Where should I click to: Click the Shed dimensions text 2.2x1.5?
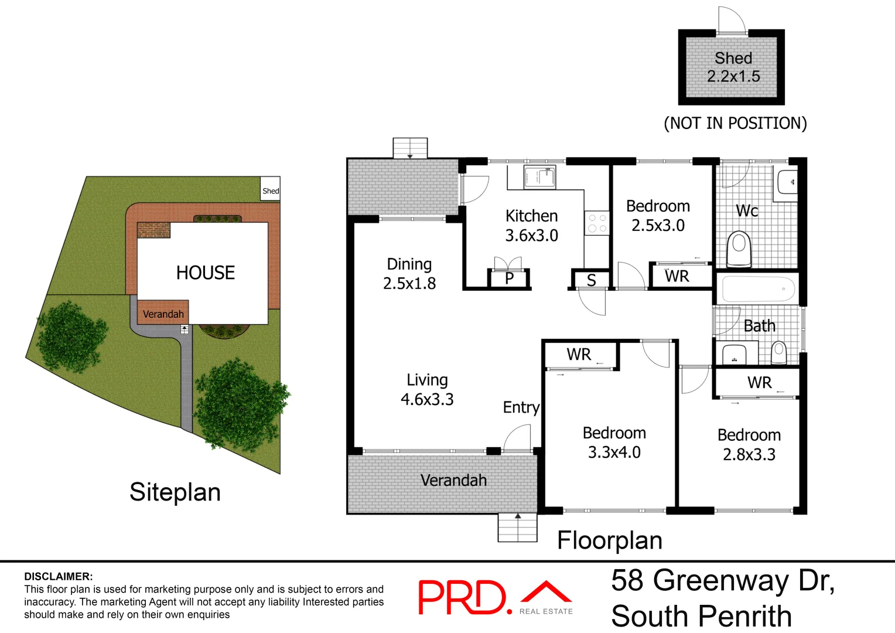(x=733, y=76)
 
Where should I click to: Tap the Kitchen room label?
(x=531, y=216)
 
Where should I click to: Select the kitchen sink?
(x=539, y=177)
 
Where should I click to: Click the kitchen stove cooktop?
(x=597, y=223)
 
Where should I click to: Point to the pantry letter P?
(x=509, y=278)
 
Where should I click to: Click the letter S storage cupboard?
(x=591, y=281)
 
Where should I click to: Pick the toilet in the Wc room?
(x=739, y=249)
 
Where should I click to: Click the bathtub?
(x=758, y=289)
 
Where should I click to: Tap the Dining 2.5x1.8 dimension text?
(x=409, y=284)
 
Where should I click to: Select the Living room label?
(x=427, y=380)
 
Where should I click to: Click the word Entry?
(x=521, y=407)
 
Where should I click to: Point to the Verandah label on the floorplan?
(x=453, y=481)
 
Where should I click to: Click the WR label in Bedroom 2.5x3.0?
(x=677, y=276)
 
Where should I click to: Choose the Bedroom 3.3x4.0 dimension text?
(x=614, y=452)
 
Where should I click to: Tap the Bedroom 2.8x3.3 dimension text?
(x=749, y=455)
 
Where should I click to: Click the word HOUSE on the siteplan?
(x=206, y=273)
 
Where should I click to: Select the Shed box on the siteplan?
(x=271, y=189)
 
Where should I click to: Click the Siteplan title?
(x=175, y=492)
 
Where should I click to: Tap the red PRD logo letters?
(x=462, y=597)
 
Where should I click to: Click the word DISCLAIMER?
(x=59, y=577)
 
